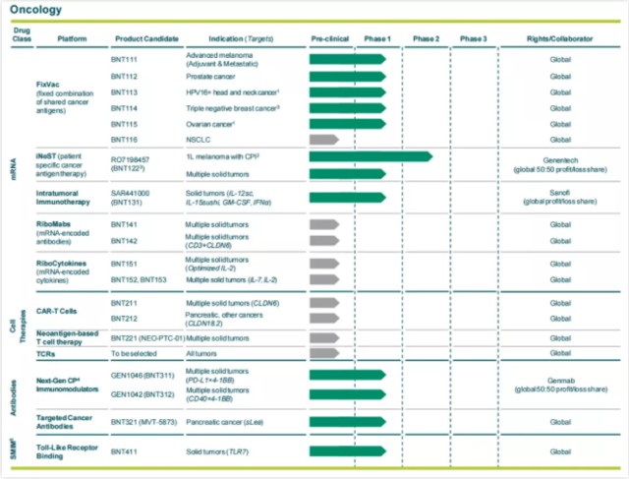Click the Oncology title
[37, 11]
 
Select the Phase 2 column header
[426, 38]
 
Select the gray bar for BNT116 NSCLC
[323, 140]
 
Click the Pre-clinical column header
[331, 38]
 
